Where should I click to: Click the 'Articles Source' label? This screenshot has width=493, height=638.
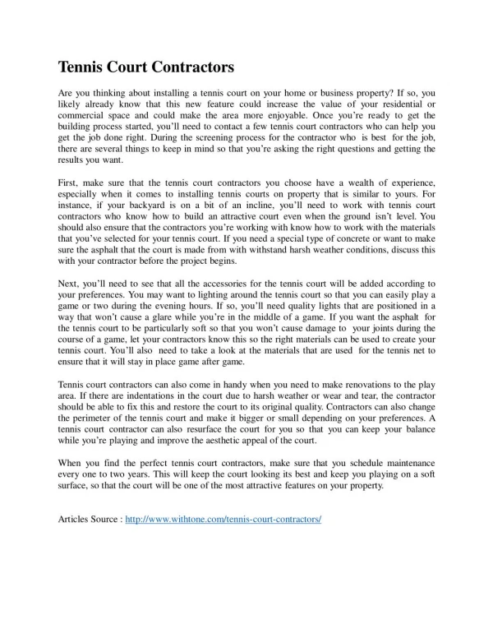(88, 520)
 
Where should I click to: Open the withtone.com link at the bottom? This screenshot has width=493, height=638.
(222, 520)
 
